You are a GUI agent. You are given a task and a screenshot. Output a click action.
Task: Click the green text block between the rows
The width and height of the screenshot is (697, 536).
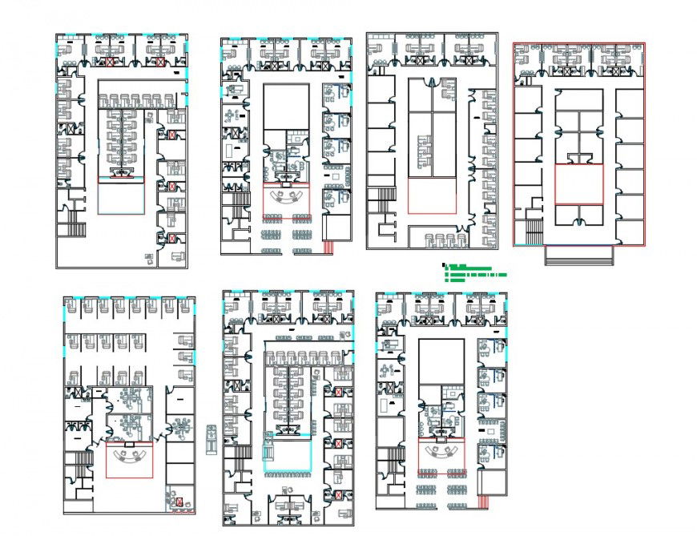[x=474, y=272]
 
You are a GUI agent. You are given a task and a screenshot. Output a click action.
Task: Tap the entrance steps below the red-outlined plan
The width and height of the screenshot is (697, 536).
[x=578, y=255]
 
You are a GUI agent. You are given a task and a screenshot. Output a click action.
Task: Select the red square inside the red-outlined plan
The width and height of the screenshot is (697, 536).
[x=578, y=184]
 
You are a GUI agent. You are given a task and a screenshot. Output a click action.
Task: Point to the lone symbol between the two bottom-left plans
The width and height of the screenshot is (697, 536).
[x=211, y=439]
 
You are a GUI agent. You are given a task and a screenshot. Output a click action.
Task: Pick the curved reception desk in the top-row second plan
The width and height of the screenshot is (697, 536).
[x=286, y=199]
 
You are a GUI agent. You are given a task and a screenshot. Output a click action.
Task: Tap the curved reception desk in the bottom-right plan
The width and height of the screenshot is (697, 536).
[x=441, y=454]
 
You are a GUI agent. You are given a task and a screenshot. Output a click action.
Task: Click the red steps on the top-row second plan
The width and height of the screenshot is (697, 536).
[x=329, y=246]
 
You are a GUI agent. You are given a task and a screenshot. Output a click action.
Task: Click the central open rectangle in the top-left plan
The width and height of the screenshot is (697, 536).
[x=122, y=196]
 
